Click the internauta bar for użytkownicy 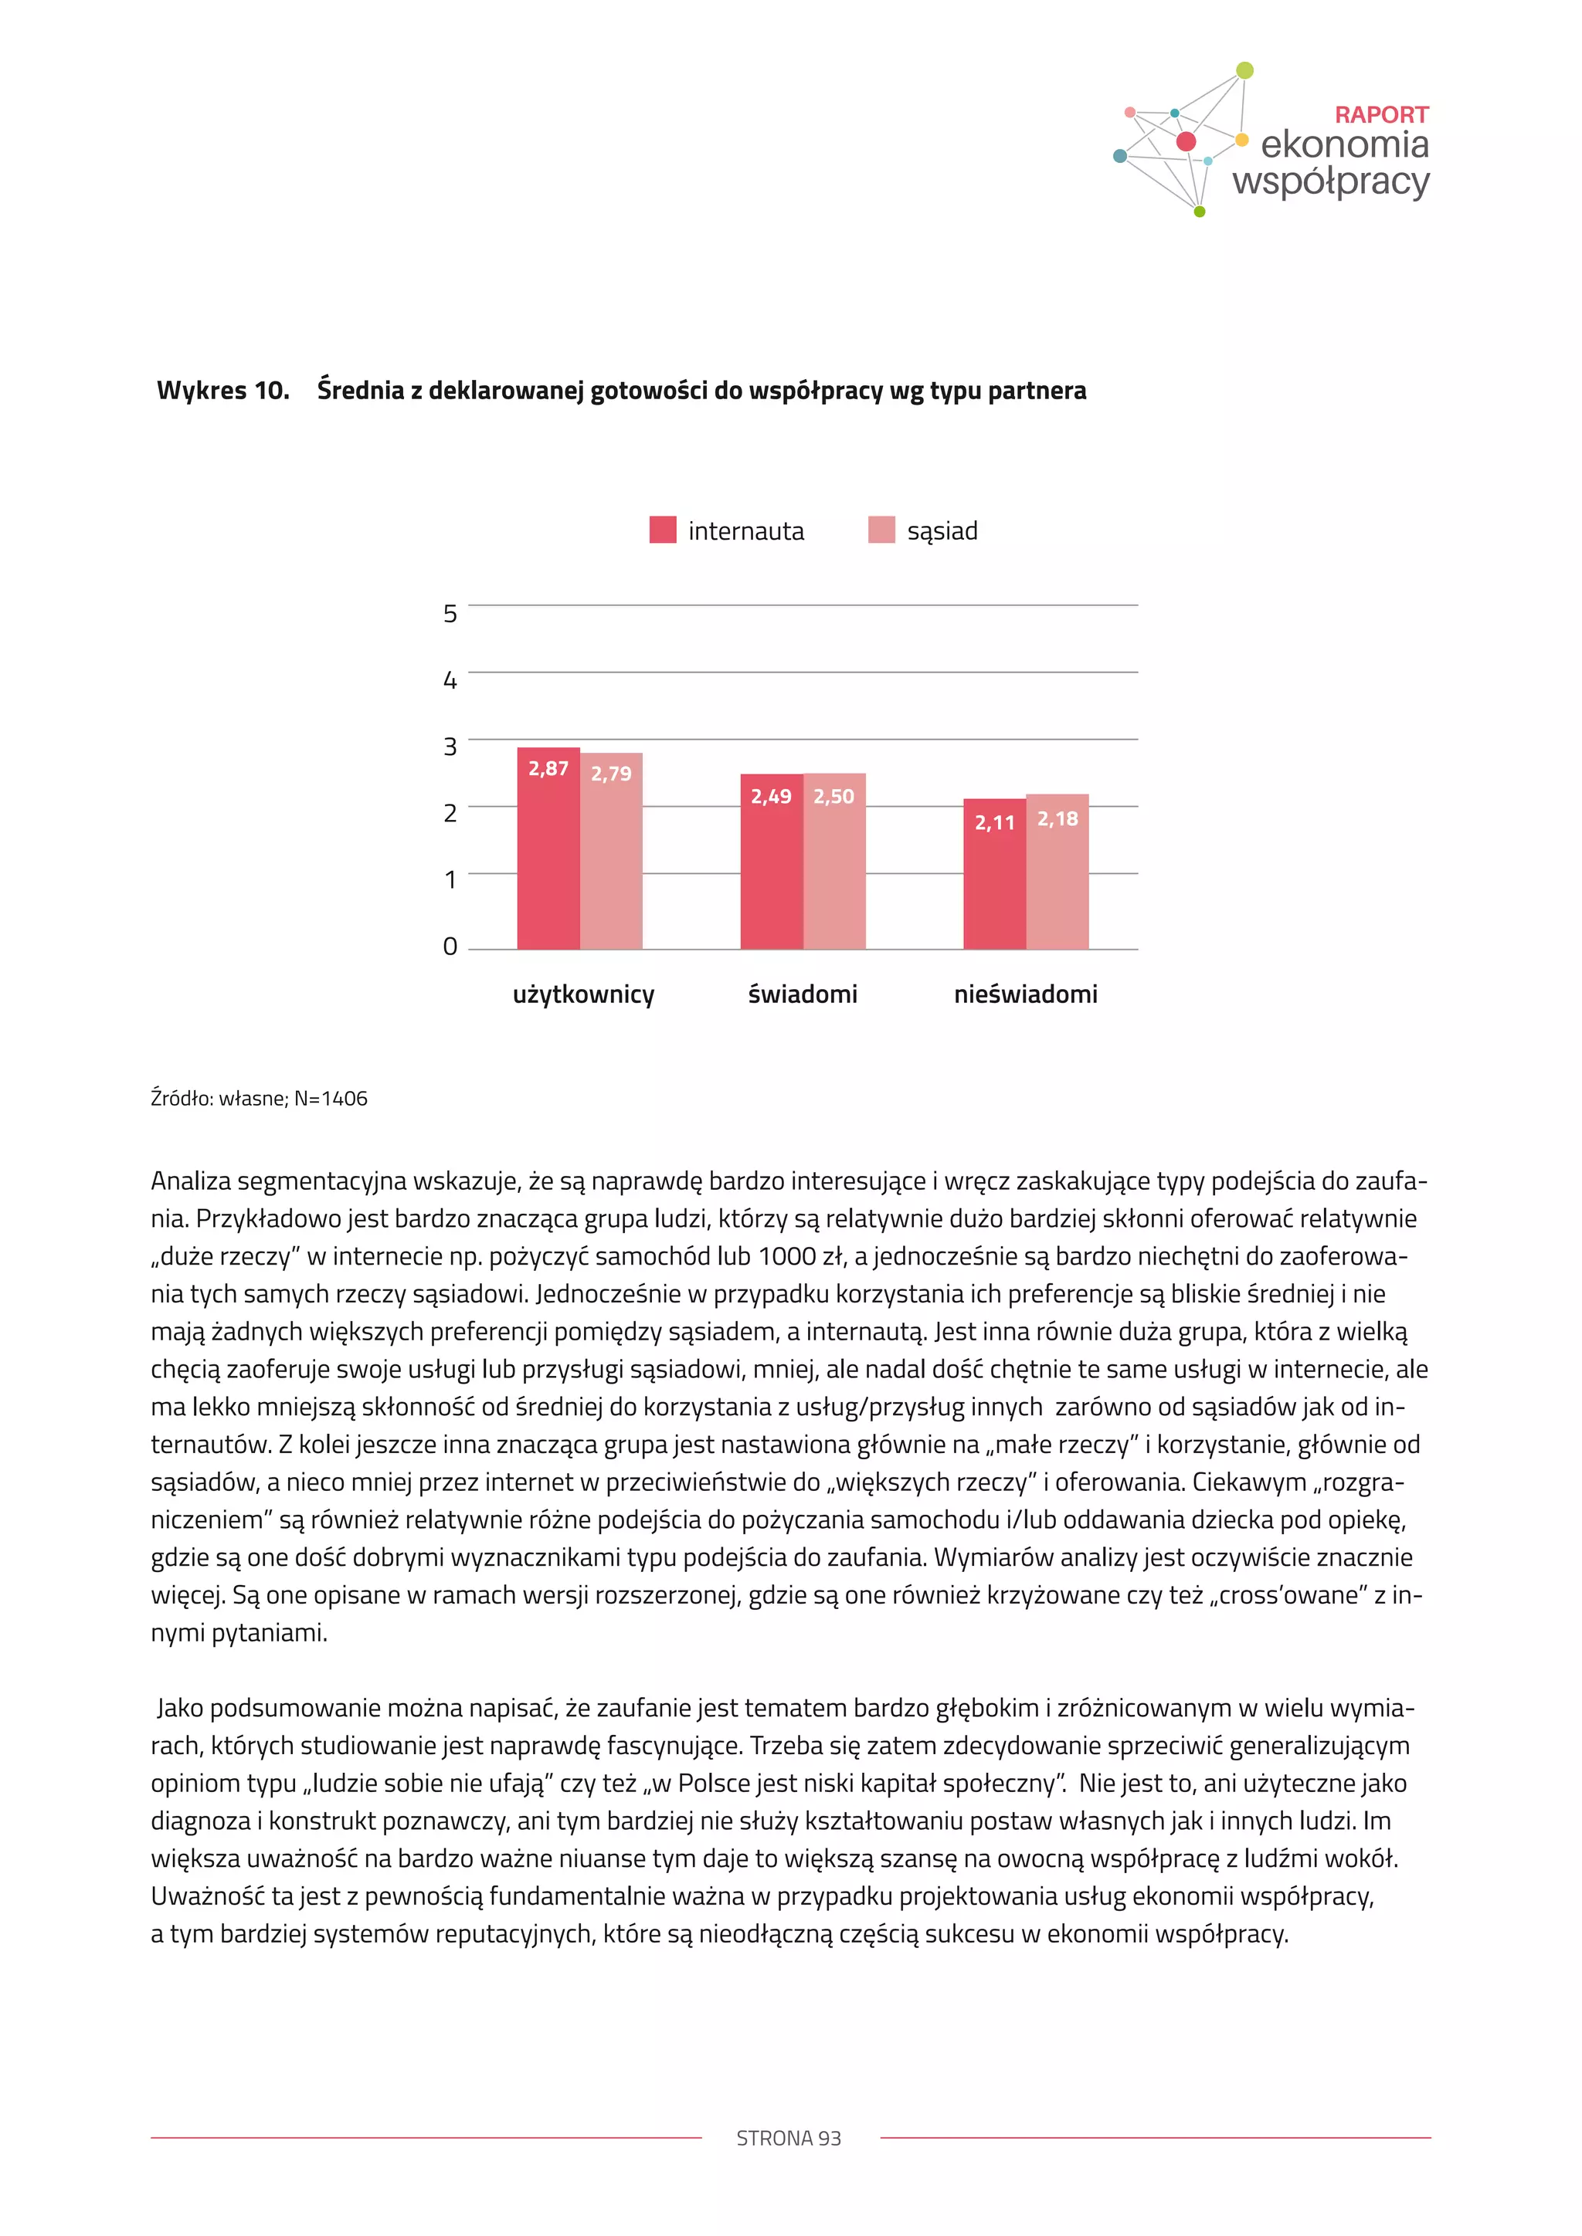tap(548, 857)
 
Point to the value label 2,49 tap(771, 797)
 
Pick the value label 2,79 tap(611, 774)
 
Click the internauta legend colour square tap(663, 530)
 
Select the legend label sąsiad tap(942, 530)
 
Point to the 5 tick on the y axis tap(450, 614)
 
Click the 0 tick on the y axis tap(450, 947)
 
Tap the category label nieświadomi tap(1025, 994)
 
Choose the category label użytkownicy tap(583, 994)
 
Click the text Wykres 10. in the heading tap(223, 391)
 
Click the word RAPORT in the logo tap(1380, 115)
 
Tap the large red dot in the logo tap(1186, 141)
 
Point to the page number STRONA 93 tap(788, 2138)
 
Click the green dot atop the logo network tap(1244, 70)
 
